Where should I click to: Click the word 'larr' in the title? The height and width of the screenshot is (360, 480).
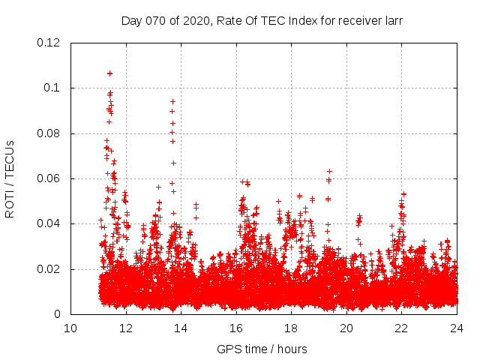[x=393, y=21]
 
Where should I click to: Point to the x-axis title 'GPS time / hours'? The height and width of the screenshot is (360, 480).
[x=262, y=349]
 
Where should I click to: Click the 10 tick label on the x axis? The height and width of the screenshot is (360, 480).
[x=70, y=328]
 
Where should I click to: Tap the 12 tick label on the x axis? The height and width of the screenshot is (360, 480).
[x=126, y=328]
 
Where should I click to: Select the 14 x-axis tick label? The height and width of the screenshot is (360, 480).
[x=181, y=328]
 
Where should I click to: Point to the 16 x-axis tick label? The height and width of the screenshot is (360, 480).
[x=236, y=328]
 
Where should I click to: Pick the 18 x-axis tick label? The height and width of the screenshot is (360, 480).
[x=291, y=328]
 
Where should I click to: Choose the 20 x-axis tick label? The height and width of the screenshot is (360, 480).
[x=346, y=328]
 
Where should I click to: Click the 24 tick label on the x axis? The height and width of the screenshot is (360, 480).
[x=457, y=328]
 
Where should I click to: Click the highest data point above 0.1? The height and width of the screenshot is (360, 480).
[x=109, y=73]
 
